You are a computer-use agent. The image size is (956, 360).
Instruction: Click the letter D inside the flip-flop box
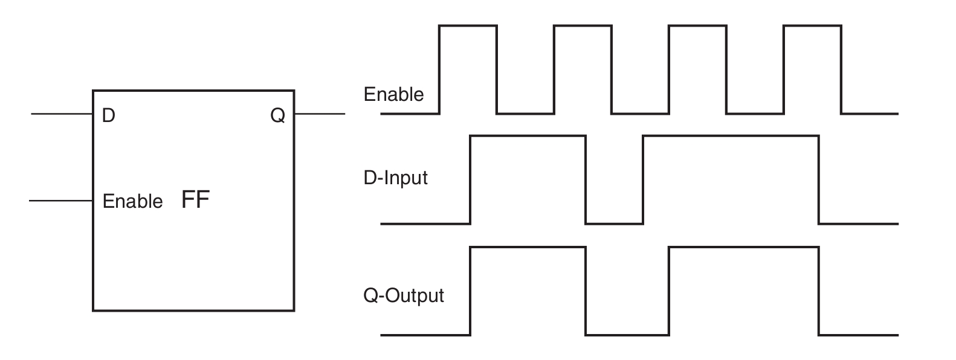point(108,115)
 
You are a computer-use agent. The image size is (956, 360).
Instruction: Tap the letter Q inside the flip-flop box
point(278,115)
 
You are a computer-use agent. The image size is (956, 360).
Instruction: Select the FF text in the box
point(195,199)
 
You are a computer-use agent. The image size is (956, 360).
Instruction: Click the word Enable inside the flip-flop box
point(133,201)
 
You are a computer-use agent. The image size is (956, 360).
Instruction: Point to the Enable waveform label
point(393,94)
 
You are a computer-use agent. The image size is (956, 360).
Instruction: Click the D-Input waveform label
point(395,178)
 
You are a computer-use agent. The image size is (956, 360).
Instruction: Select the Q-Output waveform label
point(403,295)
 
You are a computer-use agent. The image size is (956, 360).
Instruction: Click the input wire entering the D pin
point(62,114)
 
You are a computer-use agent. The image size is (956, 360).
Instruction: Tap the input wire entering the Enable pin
point(61,201)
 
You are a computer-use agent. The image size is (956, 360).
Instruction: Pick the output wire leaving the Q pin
point(320,114)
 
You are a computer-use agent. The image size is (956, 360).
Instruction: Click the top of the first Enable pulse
point(468,25)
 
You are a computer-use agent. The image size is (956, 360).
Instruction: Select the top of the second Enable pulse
point(583,25)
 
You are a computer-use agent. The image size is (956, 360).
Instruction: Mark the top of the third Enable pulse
point(697,25)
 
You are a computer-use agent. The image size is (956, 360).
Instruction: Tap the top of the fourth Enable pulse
point(812,25)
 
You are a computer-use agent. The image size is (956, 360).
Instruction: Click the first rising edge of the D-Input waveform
point(470,179)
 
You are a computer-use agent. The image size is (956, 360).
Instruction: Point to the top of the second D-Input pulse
point(731,136)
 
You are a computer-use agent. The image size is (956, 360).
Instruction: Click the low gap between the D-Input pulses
point(614,223)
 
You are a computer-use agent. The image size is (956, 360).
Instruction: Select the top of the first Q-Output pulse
point(528,247)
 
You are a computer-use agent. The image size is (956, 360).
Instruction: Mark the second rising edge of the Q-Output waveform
point(669,291)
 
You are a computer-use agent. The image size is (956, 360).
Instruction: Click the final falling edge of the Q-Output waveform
point(819,291)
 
